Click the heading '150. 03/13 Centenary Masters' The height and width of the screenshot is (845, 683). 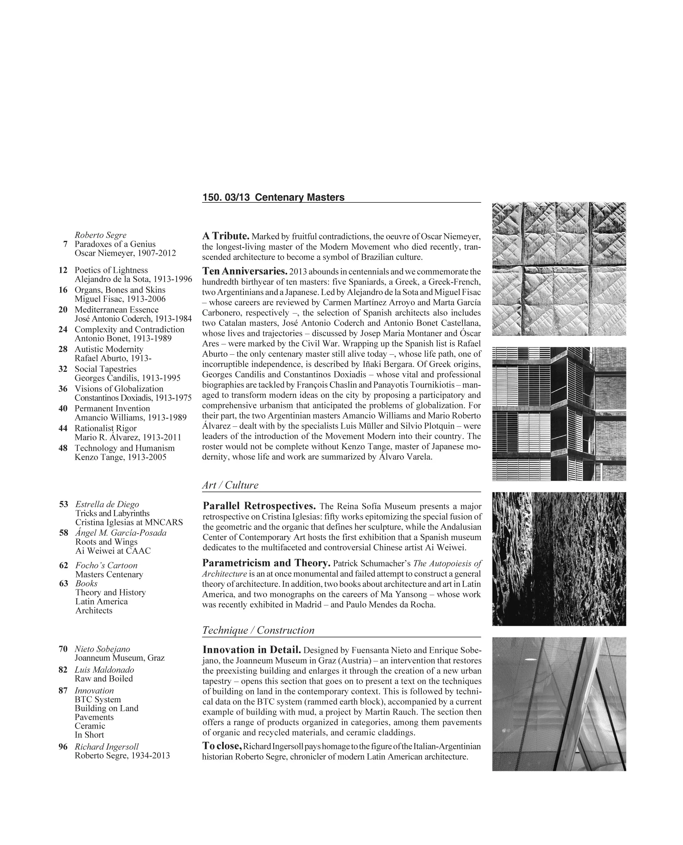point(273,197)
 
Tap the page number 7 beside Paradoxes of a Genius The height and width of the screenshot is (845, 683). point(65,244)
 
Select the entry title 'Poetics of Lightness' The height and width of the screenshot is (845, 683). point(111,270)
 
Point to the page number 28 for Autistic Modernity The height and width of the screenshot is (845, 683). point(63,349)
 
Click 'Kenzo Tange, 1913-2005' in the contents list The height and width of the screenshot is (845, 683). point(121,457)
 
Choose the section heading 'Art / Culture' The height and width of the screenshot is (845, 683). point(230,485)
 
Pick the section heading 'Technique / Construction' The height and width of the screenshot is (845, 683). point(258,630)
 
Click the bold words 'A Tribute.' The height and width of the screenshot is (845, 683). point(226,236)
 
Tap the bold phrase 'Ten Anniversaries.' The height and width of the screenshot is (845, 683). point(244,271)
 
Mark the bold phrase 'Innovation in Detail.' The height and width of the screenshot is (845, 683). point(252,650)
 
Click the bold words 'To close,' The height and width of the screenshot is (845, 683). point(222,746)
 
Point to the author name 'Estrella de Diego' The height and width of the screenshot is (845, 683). point(107,504)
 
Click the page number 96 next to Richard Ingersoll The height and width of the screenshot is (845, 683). point(63,747)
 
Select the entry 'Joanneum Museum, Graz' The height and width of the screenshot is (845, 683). point(120,658)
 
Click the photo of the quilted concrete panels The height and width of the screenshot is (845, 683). point(559,269)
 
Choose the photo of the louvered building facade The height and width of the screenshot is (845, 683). point(559,414)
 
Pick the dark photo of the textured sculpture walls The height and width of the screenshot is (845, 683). point(559,559)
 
